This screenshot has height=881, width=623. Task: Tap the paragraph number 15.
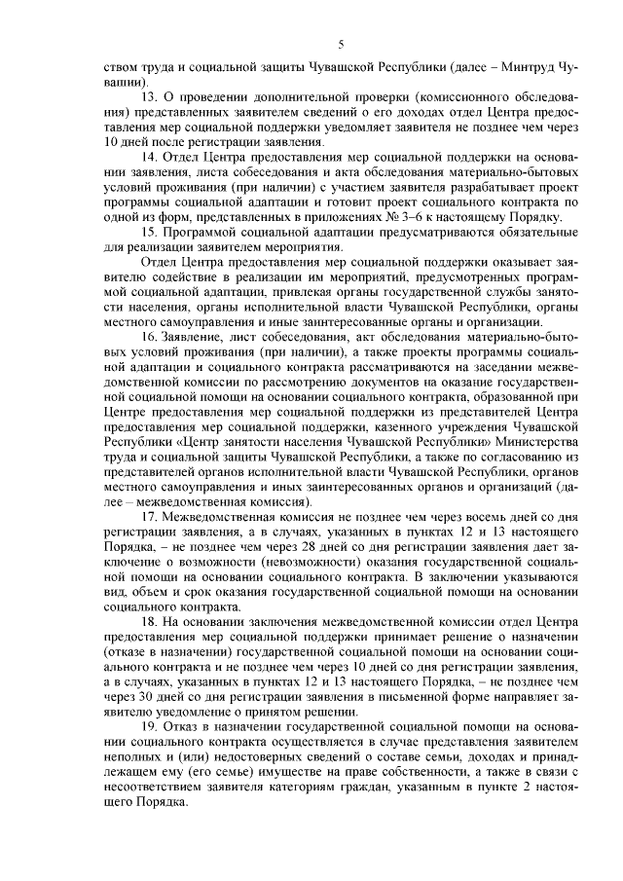[x=150, y=234]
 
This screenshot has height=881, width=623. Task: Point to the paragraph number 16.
[x=150, y=337]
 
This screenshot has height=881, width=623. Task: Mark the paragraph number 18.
[x=150, y=620]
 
